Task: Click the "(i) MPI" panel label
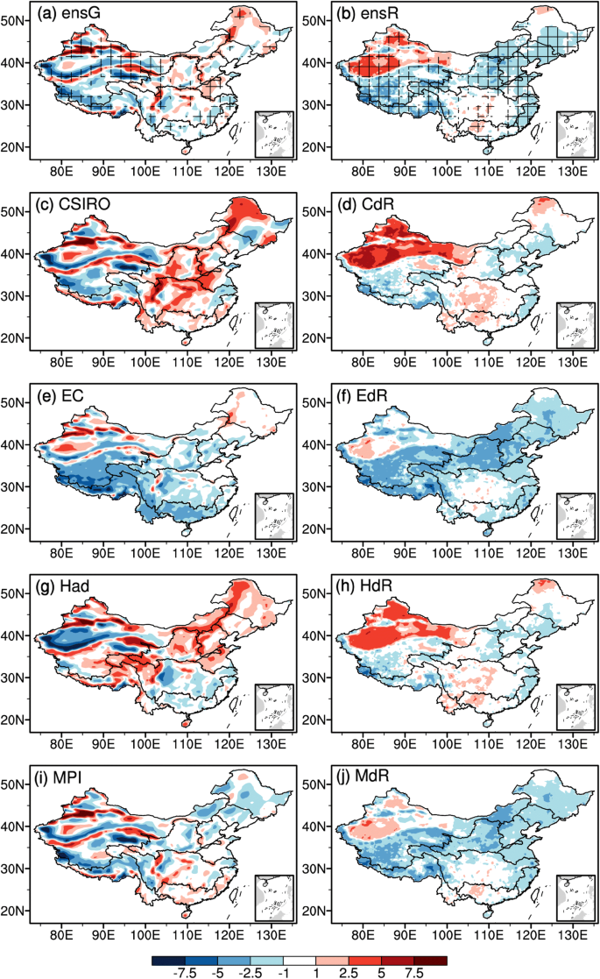67,780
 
